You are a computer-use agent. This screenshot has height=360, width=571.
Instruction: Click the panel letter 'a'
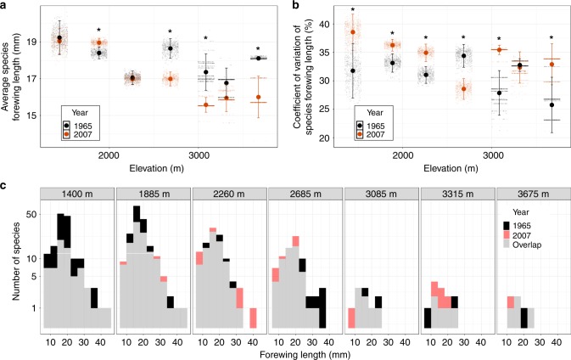(x=6, y=5)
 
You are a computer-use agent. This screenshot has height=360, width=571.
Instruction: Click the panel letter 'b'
(x=293, y=5)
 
